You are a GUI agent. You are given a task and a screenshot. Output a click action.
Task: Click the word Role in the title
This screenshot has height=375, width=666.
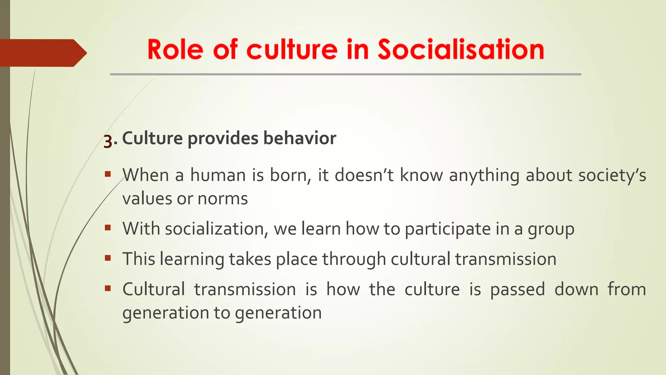(x=176, y=49)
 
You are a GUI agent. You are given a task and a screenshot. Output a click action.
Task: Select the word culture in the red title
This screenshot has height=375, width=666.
(x=292, y=49)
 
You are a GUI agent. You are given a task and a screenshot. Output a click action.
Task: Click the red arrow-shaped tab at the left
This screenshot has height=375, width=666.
(x=42, y=53)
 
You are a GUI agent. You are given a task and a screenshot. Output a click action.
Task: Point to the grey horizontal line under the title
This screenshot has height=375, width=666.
(x=345, y=74)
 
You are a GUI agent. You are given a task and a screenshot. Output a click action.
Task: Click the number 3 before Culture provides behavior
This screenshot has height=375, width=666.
(x=108, y=141)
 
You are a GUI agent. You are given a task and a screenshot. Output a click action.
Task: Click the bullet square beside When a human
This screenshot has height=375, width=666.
(x=108, y=174)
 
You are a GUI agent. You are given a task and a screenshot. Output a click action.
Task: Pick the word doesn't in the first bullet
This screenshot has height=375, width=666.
(x=364, y=175)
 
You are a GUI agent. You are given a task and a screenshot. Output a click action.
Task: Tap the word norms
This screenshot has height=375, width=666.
(x=223, y=199)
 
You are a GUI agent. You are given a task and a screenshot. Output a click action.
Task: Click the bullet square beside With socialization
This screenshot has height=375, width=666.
(x=108, y=228)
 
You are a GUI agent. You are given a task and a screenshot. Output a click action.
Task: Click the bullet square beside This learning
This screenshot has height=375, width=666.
(x=108, y=258)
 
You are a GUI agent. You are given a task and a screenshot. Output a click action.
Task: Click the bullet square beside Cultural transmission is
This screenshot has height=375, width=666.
(x=108, y=288)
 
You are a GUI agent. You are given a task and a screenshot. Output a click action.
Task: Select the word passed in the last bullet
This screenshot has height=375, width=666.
(x=517, y=289)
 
